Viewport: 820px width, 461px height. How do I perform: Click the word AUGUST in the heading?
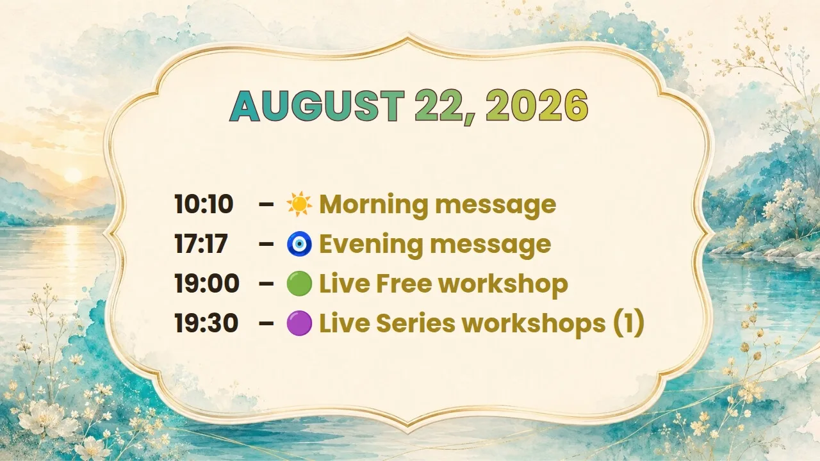317,106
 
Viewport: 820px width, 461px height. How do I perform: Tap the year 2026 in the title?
537,106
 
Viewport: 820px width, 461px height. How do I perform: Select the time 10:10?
204,204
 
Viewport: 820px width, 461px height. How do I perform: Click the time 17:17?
201,244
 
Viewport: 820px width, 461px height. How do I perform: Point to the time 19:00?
207,283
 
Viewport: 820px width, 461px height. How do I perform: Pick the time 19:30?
206,323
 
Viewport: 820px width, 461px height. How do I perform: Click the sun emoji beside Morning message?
299,204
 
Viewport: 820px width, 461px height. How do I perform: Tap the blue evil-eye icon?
299,244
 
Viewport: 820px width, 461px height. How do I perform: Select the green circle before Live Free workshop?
299,283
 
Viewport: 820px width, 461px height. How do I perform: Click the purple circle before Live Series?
299,323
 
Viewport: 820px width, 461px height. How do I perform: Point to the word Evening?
371,245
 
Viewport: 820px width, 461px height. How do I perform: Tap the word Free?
404,284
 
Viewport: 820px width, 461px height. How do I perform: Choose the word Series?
415,323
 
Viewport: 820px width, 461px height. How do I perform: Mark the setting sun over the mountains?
73,175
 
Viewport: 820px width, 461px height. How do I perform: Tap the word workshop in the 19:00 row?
503,285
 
